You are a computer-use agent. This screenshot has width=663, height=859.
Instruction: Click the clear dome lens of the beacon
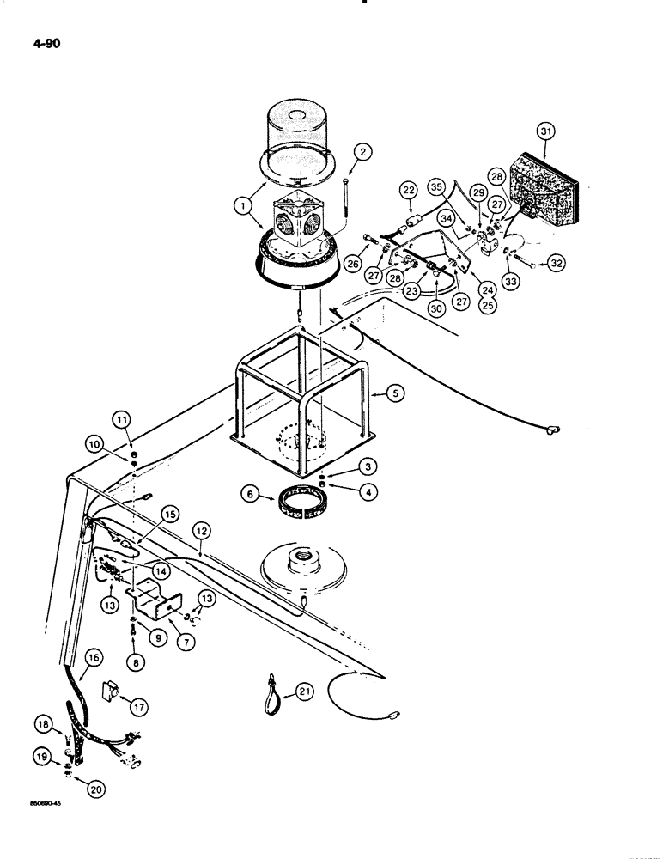307,127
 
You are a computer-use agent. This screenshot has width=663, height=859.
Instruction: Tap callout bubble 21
307,691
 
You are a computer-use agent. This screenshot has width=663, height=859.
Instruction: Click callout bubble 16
93,657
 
